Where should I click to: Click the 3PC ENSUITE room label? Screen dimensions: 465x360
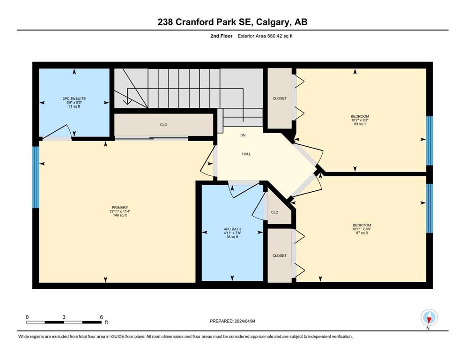pyautogui.click(x=74, y=98)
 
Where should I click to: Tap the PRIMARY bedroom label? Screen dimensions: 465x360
pyautogui.click(x=120, y=208)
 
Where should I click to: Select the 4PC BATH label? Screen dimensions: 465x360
pyautogui.click(x=232, y=229)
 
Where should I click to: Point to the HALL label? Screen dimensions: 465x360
pyautogui.click(x=246, y=154)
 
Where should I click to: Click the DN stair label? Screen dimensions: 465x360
pyautogui.click(x=243, y=135)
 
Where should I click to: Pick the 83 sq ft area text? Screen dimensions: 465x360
pyautogui.click(x=360, y=124)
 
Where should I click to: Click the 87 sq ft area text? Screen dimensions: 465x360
pyautogui.click(x=362, y=233)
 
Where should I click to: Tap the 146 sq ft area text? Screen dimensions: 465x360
pyautogui.click(x=120, y=215)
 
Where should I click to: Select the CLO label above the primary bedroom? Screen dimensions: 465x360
pyautogui.click(x=164, y=125)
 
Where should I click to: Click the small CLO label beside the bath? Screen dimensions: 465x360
pyautogui.click(x=274, y=212)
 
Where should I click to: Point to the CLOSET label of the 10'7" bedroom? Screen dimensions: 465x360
pyautogui.click(x=280, y=98)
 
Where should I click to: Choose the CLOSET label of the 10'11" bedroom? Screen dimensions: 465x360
pyautogui.click(x=280, y=255)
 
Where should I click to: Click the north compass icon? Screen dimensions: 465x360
pyautogui.click(x=429, y=317)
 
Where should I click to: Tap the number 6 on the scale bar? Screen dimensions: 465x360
pyautogui.click(x=102, y=317)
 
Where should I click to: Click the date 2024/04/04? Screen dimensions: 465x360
pyautogui.click(x=245, y=321)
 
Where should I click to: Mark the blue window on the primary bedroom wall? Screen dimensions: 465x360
pyautogui.click(x=36, y=177)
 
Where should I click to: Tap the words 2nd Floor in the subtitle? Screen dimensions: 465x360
pyautogui.click(x=221, y=36)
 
